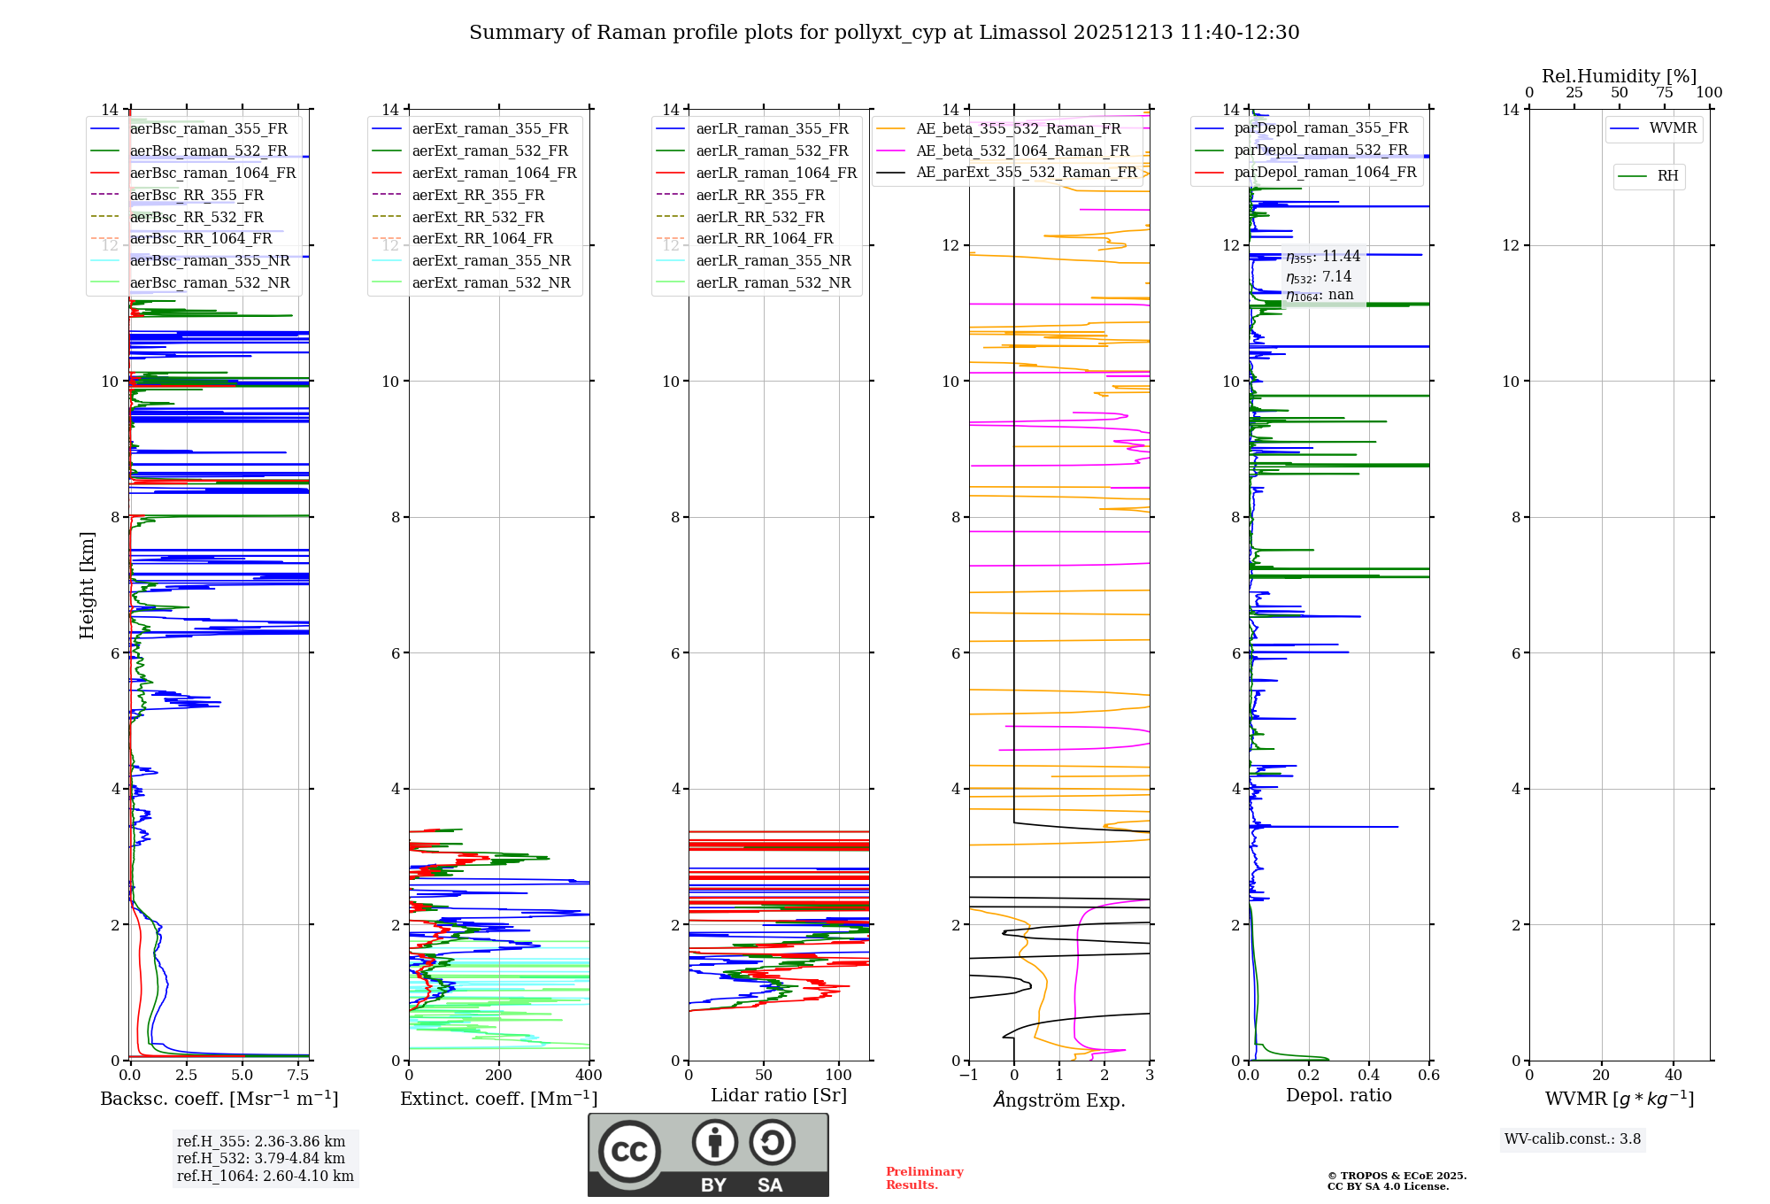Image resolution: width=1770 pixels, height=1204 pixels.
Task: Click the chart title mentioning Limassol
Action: [x=883, y=33]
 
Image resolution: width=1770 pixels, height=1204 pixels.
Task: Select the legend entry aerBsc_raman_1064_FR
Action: [x=212, y=174]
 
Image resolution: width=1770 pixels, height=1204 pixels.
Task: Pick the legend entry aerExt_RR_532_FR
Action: [x=478, y=218]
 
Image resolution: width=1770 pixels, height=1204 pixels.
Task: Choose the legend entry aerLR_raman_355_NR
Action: [x=773, y=261]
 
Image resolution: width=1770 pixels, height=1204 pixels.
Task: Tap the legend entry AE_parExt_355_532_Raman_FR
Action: [x=1026, y=173]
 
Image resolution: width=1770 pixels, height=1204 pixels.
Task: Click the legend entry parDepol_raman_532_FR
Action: [x=1320, y=150]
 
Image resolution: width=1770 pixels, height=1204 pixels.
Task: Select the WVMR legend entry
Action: [x=1672, y=128]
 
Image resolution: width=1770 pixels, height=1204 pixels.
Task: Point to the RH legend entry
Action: [x=1667, y=176]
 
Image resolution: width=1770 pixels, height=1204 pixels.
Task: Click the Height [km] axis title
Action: [x=87, y=585]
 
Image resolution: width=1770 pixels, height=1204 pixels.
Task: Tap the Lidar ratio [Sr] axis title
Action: [x=779, y=1096]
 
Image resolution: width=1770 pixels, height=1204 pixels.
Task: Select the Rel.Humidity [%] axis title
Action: [x=1619, y=76]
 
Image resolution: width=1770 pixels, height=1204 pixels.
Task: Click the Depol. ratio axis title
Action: [x=1338, y=1096]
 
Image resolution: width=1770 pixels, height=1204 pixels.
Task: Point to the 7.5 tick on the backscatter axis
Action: [x=298, y=1076]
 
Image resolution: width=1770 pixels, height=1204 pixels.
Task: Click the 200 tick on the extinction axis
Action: [x=498, y=1076]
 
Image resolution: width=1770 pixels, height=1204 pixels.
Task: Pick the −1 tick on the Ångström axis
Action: [x=968, y=1076]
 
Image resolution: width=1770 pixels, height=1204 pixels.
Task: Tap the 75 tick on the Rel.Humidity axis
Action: [x=1665, y=93]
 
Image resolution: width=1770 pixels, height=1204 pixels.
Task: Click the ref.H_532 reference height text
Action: [x=261, y=1159]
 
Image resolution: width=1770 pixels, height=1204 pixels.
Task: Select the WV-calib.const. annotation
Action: [x=1573, y=1139]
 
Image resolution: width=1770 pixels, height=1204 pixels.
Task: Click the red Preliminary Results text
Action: [x=924, y=1178]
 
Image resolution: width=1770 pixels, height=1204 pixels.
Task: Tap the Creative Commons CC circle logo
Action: [x=629, y=1152]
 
